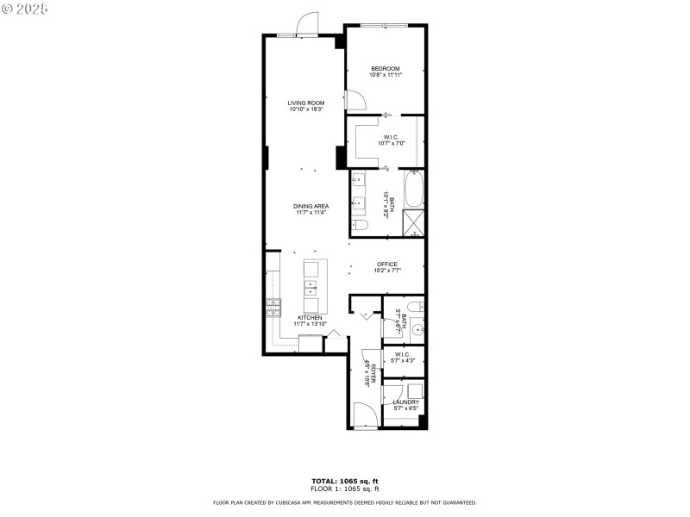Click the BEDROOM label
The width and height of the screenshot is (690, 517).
coord(386,69)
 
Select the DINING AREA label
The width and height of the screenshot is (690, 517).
coord(310,206)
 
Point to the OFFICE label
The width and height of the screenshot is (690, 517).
coord(386,264)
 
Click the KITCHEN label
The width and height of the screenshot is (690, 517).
coord(310,318)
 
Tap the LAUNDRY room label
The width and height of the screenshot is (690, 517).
coord(405,402)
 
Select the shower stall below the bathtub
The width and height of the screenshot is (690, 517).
coord(415,222)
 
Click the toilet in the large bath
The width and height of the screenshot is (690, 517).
coord(361,225)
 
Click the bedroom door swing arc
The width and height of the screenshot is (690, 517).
coord(354,101)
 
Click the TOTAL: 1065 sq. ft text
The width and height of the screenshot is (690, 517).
coord(344,481)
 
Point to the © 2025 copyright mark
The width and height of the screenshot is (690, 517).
coord(25,8)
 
